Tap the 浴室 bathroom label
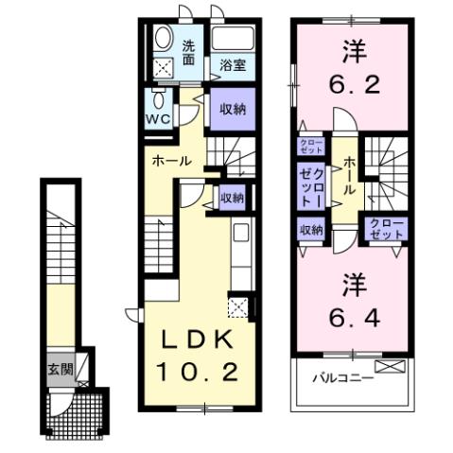tap(233, 64)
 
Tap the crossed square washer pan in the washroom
tap(164, 68)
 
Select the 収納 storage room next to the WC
tap(233, 109)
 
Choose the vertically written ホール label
tap(350, 177)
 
